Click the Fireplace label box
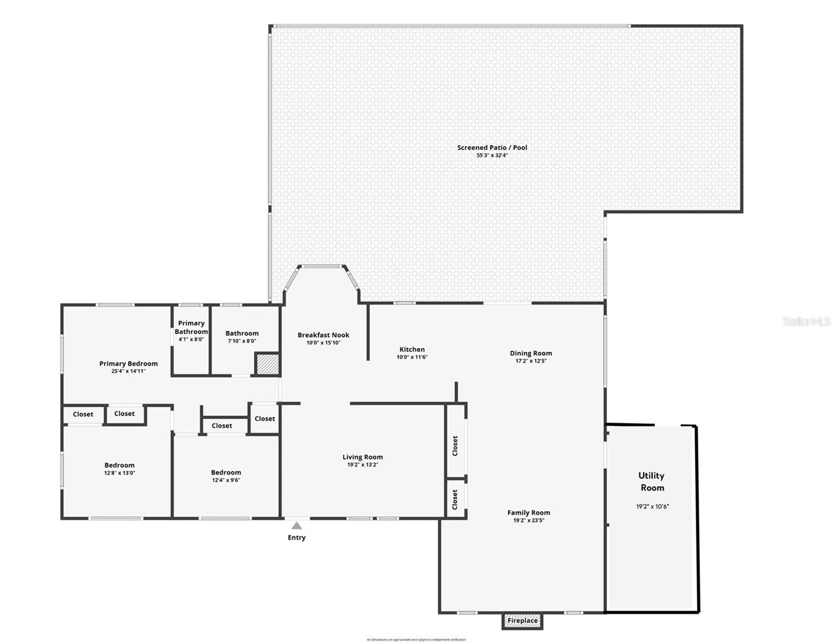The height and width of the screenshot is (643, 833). coord(522,620)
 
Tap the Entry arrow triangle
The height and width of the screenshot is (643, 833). coord(297,526)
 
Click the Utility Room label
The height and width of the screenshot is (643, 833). coord(651,481)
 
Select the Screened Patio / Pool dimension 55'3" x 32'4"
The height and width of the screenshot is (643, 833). coord(492,155)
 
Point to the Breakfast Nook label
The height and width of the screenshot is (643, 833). coord(323,335)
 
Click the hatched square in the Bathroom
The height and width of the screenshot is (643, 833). coord(267,364)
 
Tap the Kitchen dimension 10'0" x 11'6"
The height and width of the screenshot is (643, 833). coord(412,357)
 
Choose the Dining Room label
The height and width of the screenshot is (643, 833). coord(530,353)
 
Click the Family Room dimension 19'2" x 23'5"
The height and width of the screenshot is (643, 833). coord(528,520)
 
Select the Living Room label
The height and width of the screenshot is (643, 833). coord(363,457)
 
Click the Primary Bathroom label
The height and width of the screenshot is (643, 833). coord(191,327)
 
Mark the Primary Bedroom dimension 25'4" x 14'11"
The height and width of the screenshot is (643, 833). coord(128,371)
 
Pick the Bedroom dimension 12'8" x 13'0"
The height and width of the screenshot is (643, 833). coord(119,473)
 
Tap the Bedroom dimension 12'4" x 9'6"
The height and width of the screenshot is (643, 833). coord(226,480)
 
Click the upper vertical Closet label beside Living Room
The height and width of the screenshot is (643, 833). coord(455,445)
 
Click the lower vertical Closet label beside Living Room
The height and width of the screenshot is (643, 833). coord(455,499)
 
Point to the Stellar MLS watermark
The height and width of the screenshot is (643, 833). coord(806,322)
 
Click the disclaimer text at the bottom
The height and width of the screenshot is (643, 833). coord(416,639)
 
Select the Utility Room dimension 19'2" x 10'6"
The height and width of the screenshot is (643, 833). coord(652,506)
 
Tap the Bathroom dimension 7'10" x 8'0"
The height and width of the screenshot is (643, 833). coord(242,341)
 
